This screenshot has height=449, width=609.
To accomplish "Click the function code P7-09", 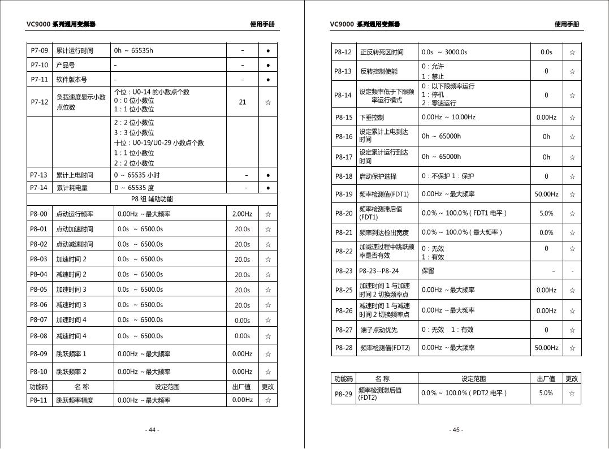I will [39, 50].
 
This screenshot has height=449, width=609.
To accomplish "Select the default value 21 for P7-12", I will [243, 102].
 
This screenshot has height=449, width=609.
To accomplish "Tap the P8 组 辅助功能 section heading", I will [152, 199].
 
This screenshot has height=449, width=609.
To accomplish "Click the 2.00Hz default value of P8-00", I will [243, 214].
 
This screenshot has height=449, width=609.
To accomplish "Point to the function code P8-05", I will [39, 290].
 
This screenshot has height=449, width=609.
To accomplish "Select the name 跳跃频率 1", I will [71, 354].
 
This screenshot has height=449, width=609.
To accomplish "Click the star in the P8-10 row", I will [268, 372].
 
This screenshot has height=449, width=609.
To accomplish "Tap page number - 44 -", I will [152, 430].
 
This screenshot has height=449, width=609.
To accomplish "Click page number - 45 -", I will [456, 430].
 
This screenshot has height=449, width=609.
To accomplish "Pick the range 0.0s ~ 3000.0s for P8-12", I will [444, 52].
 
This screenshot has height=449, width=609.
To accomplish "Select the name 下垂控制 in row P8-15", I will [372, 118].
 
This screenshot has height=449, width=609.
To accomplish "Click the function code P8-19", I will [343, 194].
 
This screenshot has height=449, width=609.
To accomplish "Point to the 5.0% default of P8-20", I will [546, 213].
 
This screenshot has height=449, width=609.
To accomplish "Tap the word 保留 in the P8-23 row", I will [427, 271].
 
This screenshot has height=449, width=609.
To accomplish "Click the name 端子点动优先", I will [378, 330].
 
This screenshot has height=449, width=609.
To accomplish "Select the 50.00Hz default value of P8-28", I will [546, 348].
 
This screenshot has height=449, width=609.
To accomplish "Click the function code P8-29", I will [343, 393].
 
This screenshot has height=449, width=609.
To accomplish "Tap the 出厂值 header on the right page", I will [546, 379].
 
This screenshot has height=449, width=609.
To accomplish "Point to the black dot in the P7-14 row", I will [268, 187].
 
